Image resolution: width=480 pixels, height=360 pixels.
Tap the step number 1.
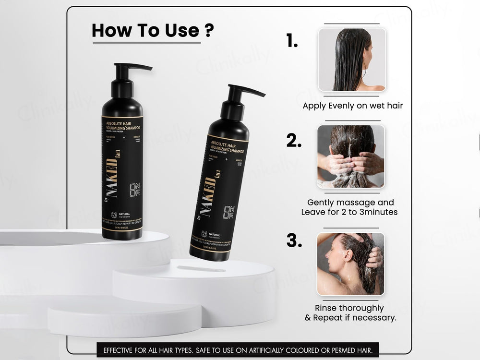tap(292, 41)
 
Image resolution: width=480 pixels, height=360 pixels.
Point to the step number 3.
tap(294, 240)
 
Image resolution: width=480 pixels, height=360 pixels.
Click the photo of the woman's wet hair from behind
tap(352, 60)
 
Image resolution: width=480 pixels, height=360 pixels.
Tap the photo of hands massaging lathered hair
tap(351, 156)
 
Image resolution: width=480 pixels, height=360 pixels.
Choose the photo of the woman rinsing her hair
tap(351, 264)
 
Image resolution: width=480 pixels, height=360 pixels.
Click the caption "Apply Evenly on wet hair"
tap(353, 106)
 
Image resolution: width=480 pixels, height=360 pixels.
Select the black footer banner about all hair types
tap(238, 350)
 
